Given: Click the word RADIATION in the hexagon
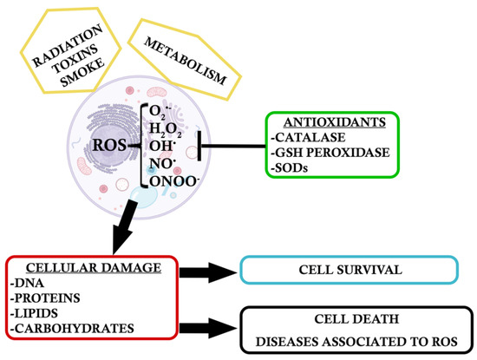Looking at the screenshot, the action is tap(68, 45).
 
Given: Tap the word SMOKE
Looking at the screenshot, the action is tap(82, 73).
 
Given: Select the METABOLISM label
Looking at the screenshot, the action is tap(186, 61).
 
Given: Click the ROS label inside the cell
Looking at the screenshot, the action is tap(109, 145).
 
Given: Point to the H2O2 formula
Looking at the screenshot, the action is tap(166, 129).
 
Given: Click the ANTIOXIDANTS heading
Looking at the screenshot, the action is tap(335, 122).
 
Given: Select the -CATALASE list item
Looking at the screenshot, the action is tap(308, 138).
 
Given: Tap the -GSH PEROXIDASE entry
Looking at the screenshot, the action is tap(330, 153).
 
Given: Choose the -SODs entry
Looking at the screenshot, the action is tap(289, 167).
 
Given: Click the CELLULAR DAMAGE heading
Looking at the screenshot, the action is tap(94, 268).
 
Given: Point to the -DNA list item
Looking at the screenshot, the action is tap(27, 283).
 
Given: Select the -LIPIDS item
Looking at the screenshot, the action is tap(34, 313).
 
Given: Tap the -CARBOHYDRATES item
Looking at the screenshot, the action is tap(72, 329).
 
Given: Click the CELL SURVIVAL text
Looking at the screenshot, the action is tap(350, 270).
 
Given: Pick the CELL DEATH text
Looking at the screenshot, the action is tap(356, 319).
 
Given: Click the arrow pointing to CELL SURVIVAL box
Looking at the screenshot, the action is tap(208, 272).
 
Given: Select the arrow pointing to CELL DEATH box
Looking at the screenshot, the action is tap(208, 328).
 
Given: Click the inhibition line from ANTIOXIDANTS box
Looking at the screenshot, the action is tap(232, 146).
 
